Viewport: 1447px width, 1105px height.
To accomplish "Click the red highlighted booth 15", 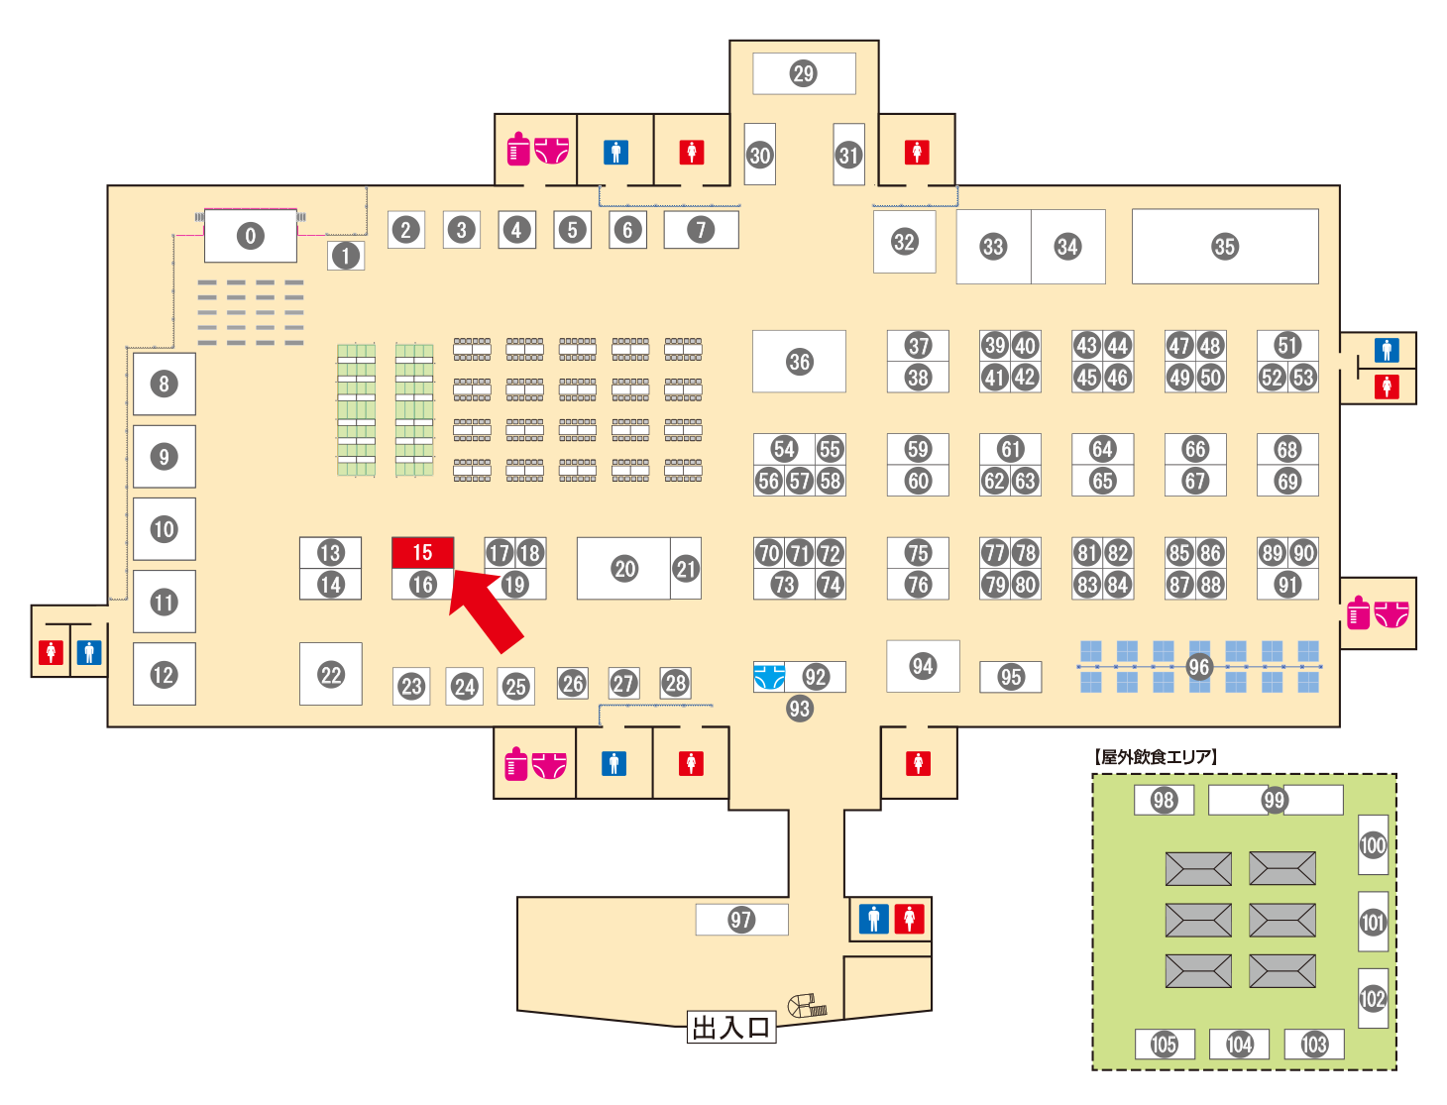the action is click(422, 552).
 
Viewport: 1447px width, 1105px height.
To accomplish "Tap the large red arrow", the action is click(487, 610).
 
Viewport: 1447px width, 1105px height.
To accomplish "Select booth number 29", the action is click(804, 73).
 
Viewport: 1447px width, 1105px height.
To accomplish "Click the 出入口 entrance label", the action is click(730, 1027).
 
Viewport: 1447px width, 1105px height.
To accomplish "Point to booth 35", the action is click(1225, 247).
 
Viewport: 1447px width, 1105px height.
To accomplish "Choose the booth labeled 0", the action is click(251, 236).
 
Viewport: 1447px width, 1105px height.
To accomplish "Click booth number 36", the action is click(799, 362).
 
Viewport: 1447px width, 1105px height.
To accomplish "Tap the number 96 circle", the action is click(1198, 667).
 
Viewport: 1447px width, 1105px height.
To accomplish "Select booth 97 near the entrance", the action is click(741, 920).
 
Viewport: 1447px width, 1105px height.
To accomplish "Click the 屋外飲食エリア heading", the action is click(1155, 756).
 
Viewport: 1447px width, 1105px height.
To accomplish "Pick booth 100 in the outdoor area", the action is click(1373, 844).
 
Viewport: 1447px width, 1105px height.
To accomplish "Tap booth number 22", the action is click(330, 674).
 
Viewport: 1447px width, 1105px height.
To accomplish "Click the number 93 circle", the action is click(799, 709).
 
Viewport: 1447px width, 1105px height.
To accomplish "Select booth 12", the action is click(165, 674).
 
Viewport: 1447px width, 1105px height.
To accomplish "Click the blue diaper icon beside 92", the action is click(769, 677).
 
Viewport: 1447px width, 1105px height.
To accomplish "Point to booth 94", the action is click(923, 666).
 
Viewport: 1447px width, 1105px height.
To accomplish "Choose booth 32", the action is click(905, 242).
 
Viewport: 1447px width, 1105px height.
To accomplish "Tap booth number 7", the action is click(701, 230).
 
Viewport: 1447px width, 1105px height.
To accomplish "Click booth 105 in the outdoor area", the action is click(1165, 1044).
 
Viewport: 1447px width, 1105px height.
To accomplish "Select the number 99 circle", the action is click(1275, 800).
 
